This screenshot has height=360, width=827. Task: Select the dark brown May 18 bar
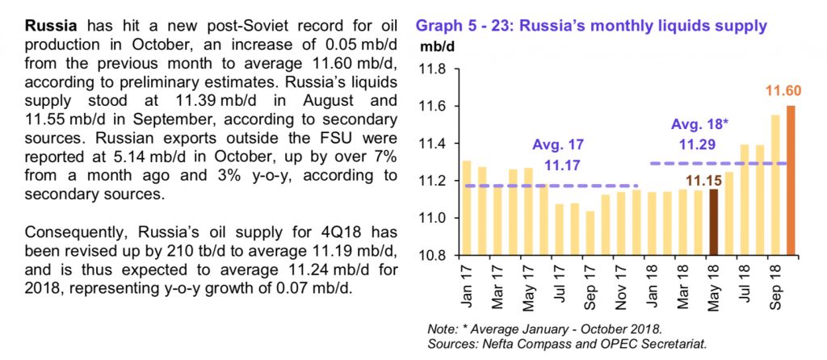pyautogui.click(x=713, y=222)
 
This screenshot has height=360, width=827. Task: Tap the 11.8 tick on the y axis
pyautogui.click(x=434, y=69)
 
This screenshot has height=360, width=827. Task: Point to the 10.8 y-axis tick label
pyautogui.click(x=434, y=256)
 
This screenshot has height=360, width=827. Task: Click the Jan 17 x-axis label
pyautogui.click(x=468, y=288)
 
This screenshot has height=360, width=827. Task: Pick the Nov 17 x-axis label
pyautogui.click(x=619, y=289)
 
